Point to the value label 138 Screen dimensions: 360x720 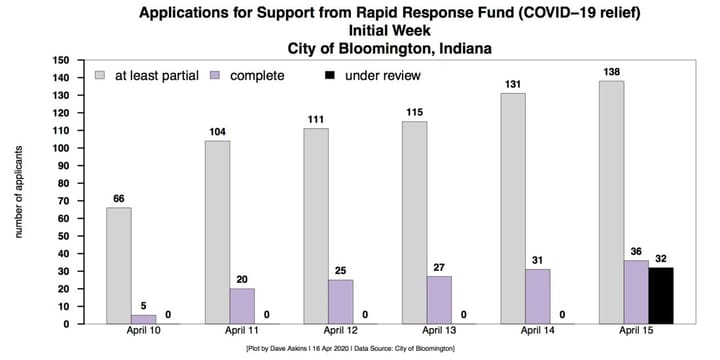(x=611, y=71)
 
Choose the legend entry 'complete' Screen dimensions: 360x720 (x=255, y=75)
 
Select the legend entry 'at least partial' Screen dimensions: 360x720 (x=151, y=75)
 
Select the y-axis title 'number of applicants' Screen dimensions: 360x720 (x=17, y=192)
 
